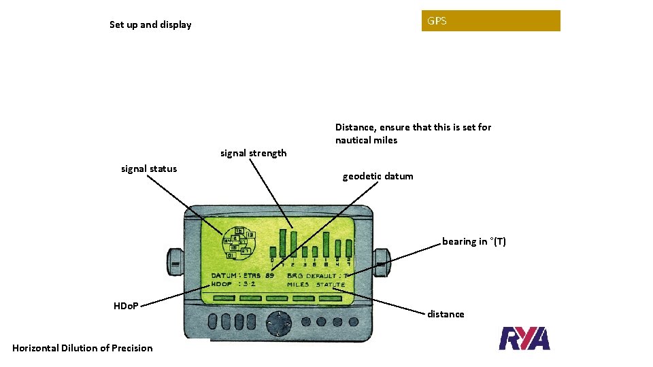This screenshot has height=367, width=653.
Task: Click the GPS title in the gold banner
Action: point(437,21)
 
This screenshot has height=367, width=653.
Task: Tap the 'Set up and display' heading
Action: point(150,25)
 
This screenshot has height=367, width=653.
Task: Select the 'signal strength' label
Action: point(253,153)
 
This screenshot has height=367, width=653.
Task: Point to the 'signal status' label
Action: point(148,169)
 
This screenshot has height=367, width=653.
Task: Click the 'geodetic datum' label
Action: point(378,176)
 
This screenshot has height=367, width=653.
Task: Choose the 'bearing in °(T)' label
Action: point(473,241)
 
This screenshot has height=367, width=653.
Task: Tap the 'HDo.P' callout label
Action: point(126,306)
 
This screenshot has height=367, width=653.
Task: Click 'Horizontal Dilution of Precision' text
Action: point(82,348)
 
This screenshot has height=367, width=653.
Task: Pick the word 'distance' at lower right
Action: point(446,314)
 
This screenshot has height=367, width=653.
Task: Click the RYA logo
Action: point(524,338)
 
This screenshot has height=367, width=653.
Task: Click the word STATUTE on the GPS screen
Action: point(330,285)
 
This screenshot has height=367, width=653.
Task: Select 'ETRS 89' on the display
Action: point(258,276)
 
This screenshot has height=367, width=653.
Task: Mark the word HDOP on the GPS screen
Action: point(222,284)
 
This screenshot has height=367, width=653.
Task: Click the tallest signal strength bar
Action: point(293,242)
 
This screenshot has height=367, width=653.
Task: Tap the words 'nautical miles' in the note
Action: point(366,141)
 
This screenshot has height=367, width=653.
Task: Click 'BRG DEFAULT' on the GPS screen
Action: point(311,276)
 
